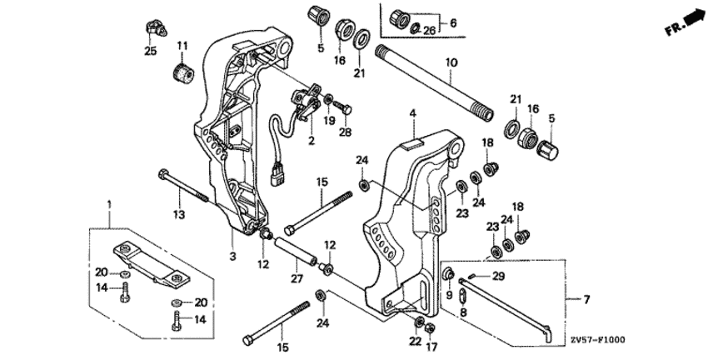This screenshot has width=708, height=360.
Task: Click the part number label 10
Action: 451,62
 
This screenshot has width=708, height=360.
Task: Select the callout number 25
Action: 150,52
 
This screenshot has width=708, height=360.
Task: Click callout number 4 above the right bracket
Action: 411,112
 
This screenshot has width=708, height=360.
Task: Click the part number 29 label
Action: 498,276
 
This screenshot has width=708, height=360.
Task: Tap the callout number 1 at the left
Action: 107,202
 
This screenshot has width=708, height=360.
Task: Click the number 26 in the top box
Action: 430,31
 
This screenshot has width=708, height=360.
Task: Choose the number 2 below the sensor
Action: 312,139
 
